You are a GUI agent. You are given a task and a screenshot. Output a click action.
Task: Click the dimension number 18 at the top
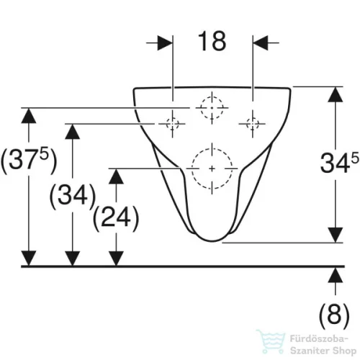coord(212,41)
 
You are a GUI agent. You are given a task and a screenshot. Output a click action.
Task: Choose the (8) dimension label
coord(334,315)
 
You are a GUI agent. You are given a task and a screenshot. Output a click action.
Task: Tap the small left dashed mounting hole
coord(172,124)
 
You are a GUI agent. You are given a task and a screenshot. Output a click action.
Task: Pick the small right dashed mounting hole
coord(253,124)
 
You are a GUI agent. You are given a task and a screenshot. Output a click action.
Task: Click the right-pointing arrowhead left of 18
coord(165,43)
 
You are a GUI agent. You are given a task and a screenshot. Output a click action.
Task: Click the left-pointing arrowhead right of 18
coord(260,43)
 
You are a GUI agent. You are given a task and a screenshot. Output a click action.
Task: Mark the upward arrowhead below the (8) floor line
coord(336,275)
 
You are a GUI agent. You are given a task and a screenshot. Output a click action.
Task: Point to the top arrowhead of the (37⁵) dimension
coord(29,116)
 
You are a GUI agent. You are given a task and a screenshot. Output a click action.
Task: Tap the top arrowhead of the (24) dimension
coord(116,176)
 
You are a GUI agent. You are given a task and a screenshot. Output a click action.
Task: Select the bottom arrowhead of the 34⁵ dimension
coord(336,235)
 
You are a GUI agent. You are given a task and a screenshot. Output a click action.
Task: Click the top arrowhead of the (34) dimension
coord(73,132)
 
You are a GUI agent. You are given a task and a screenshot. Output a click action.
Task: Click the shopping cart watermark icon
coord(271,342)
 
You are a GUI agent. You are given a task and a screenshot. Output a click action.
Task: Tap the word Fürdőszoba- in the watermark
coord(319,339)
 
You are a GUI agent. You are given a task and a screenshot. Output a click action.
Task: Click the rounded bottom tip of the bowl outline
coord(212,240)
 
